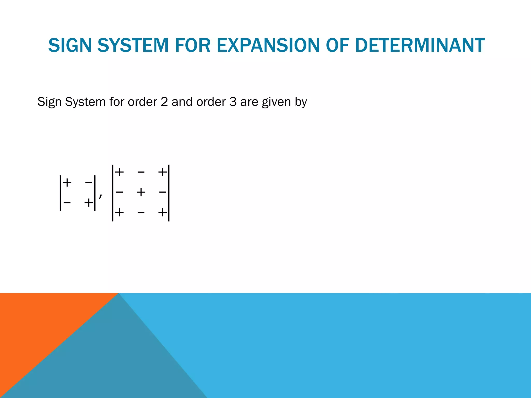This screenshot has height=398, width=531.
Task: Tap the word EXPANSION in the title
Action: click(268, 45)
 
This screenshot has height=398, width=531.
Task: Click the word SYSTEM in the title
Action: click(133, 45)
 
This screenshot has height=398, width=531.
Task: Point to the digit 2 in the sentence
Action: click(164, 102)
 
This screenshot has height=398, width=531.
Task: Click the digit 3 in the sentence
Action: click(233, 102)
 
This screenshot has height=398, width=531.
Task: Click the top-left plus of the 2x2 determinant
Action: click(67, 183)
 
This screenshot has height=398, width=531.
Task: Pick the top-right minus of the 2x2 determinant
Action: click(88, 183)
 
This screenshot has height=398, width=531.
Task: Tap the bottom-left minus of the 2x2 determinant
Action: click(67, 202)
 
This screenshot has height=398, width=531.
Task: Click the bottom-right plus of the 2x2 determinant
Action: click(88, 202)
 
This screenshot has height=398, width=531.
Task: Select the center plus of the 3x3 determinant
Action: click(141, 192)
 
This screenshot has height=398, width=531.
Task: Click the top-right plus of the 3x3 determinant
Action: click(163, 172)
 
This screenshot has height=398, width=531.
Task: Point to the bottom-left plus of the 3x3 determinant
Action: click(119, 212)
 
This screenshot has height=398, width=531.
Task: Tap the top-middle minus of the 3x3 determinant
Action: click(141, 172)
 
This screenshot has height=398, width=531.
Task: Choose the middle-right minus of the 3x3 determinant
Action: click(163, 192)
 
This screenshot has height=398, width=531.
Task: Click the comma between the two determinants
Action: click(101, 196)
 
